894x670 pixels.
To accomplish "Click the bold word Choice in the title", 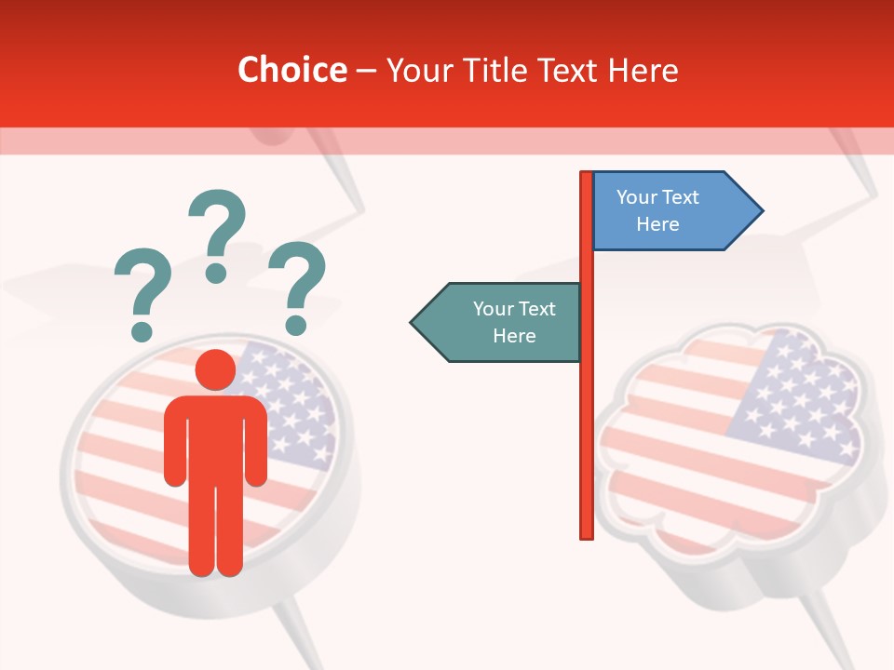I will pos(291,70).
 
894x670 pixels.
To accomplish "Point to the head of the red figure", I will pos(215,370).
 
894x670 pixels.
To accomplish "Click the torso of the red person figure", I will pos(215,437).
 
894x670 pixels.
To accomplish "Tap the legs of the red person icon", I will pos(215,530).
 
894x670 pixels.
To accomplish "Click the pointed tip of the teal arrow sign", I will pos(413,322).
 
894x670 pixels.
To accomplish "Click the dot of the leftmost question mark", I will pos(142,330).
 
